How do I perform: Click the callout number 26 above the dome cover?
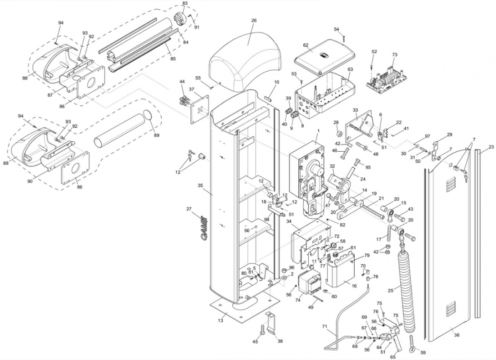tap(254, 21)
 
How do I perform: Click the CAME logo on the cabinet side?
tap(204, 228)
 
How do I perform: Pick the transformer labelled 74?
tap(310, 283)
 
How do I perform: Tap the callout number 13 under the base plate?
tap(220, 321)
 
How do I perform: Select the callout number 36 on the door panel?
tap(456, 335)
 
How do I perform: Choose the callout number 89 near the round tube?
tap(156, 135)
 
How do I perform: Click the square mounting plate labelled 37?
tap(200, 109)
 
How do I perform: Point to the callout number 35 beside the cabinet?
tap(200, 185)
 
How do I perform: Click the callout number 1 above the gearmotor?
tap(318, 130)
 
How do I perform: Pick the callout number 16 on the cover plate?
tap(354, 286)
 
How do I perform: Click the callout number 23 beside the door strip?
tap(491, 147)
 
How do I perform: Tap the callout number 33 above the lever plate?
tap(355, 110)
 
